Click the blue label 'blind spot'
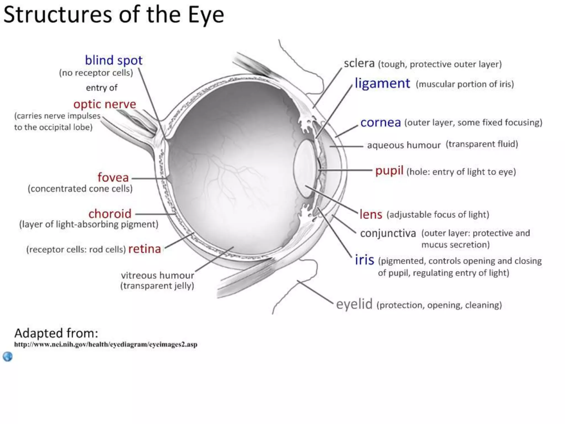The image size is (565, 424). click(x=114, y=60)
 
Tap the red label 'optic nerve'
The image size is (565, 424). click(x=105, y=104)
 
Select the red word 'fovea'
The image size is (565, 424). click(x=113, y=177)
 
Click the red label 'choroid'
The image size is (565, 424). click(x=110, y=214)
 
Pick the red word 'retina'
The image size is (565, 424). click(x=145, y=249)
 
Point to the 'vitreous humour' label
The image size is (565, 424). click(x=157, y=275)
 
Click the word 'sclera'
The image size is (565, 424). click(x=359, y=63)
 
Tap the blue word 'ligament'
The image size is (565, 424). click(x=382, y=83)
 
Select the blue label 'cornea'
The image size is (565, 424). click(x=380, y=123)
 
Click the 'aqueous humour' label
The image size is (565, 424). click(x=404, y=145)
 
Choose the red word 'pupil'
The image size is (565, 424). click(x=389, y=171)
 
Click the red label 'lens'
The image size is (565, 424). click(x=371, y=214)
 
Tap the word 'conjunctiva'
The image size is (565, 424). click(x=388, y=233)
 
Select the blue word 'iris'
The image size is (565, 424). click(x=364, y=260)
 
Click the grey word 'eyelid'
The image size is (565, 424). click(x=354, y=304)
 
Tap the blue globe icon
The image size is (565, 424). click(x=8, y=357)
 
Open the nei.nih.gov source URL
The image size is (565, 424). click(x=106, y=344)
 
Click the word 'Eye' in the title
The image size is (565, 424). click(x=206, y=15)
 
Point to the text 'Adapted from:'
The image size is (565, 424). click(x=56, y=333)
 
